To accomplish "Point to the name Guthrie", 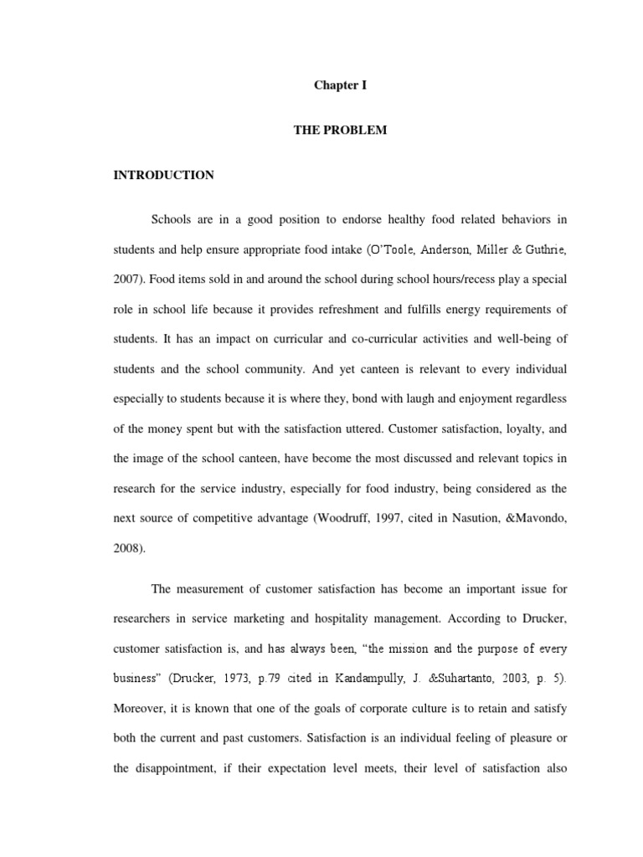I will pos(542,249).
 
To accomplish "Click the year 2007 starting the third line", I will pos(131,280).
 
